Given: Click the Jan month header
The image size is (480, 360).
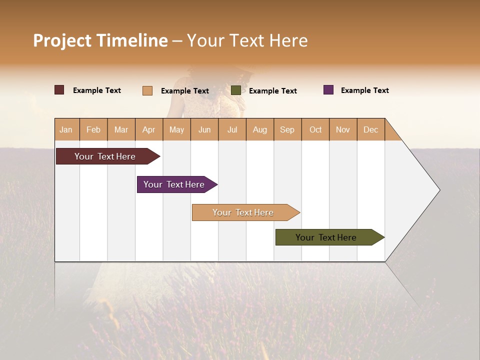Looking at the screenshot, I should click(x=66, y=129).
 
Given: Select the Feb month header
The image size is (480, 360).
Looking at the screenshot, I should click(x=93, y=129).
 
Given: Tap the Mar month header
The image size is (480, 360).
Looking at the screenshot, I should click(x=121, y=129).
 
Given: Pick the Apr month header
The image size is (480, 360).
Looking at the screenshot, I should click(x=149, y=129).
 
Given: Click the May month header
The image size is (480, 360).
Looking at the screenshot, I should click(x=176, y=129).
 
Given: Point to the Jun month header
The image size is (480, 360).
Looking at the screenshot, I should click(x=204, y=129).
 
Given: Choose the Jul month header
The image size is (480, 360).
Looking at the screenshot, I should click(x=232, y=129).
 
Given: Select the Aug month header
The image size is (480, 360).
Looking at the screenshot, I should click(x=260, y=129).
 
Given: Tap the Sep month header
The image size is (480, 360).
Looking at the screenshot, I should click(x=287, y=129).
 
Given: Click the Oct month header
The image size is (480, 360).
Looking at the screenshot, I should click(x=315, y=129).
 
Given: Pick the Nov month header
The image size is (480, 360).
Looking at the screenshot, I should click(x=343, y=129).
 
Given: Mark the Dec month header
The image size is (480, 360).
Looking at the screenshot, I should click(x=371, y=129).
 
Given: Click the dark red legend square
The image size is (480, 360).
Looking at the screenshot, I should click(x=59, y=90).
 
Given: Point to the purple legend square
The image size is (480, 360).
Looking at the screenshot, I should click(x=328, y=90).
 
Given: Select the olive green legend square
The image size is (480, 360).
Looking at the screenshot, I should click(x=236, y=90).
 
